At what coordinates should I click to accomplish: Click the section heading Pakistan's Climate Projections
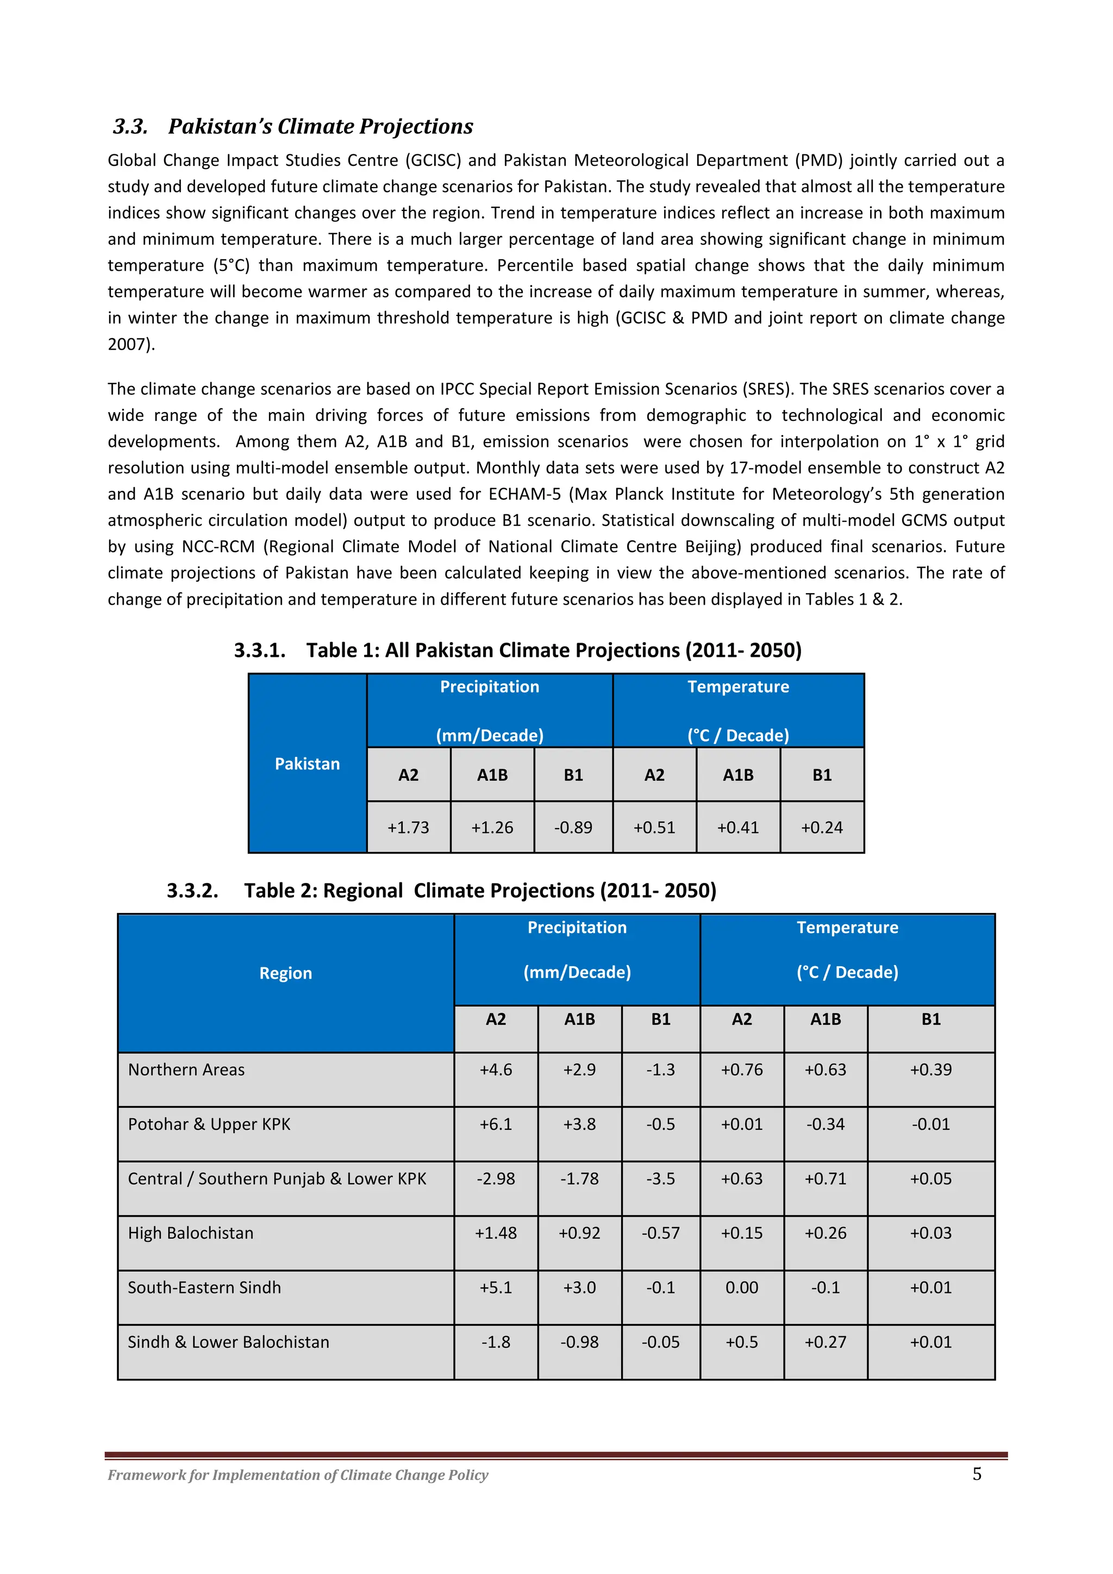[320, 127]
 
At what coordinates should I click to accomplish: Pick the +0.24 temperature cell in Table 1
[822, 828]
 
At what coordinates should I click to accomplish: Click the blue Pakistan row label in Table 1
[307, 764]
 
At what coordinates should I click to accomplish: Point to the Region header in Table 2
[285, 973]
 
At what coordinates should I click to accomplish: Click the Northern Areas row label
[186, 1069]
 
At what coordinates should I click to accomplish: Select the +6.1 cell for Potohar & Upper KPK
[496, 1124]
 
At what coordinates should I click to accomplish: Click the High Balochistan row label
[191, 1233]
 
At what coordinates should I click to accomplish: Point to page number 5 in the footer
[977, 1474]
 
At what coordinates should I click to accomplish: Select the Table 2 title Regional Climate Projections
[480, 891]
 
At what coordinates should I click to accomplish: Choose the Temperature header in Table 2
[847, 928]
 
